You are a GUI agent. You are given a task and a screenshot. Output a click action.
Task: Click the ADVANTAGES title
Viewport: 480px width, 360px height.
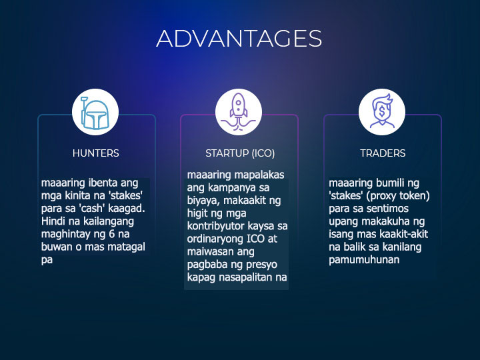click(239, 38)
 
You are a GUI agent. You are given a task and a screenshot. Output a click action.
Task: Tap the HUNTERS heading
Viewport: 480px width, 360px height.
click(96, 153)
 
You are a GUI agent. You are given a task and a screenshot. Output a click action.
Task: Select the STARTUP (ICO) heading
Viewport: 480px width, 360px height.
click(240, 153)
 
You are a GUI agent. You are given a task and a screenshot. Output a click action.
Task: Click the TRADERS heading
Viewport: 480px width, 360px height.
click(383, 153)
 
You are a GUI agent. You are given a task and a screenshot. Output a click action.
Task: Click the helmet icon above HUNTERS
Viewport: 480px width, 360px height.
click(95, 113)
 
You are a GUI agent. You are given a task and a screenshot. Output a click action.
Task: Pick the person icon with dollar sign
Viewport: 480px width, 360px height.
click(382, 111)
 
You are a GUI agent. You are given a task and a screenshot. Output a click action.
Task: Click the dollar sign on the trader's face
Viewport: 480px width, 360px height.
click(382, 111)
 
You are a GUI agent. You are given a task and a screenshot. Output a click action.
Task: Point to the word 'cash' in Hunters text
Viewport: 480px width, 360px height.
click(91, 208)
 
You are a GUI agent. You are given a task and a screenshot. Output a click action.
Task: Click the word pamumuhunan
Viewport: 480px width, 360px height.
click(364, 259)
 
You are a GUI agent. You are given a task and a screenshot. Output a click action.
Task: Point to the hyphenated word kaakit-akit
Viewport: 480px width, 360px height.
click(404, 234)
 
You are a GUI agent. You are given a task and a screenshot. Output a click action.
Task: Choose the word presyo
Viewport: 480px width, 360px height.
click(261, 265)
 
